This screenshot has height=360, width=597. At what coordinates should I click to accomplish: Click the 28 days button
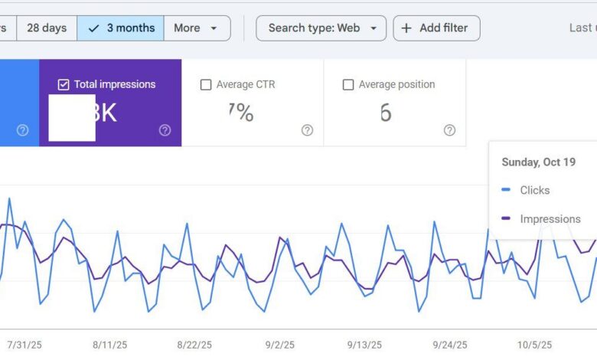[46, 28]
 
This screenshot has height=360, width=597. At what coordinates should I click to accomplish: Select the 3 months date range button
[120, 28]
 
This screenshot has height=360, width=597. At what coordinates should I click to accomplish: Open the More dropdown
[196, 28]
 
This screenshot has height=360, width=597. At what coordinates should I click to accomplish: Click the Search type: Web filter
[321, 28]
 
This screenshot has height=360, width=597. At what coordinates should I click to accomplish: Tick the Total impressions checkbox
[64, 84]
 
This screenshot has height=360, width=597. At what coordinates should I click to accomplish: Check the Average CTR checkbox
[206, 84]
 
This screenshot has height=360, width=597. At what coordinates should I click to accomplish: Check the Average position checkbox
[348, 84]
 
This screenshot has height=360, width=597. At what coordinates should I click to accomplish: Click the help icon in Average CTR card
[307, 130]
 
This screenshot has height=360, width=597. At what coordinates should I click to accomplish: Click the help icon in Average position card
[449, 130]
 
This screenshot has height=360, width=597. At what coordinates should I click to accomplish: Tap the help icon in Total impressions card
[165, 130]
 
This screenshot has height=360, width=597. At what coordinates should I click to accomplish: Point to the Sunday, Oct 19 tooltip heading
[538, 162]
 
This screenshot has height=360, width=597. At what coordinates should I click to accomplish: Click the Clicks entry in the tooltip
[534, 190]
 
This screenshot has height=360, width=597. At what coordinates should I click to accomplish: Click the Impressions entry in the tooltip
[550, 219]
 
